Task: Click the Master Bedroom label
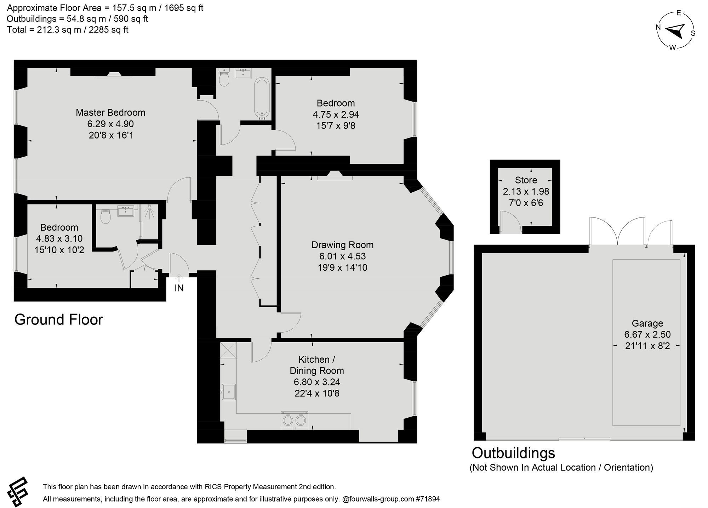pos(110,113)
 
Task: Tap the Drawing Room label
pos(342,245)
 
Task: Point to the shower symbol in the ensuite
pos(150,212)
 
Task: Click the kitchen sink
pos(229,391)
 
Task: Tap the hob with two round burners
pos(294,420)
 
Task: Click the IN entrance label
pos(179,288)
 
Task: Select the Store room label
pos(526,180)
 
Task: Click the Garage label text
pos(647,323)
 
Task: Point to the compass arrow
pos(676,31)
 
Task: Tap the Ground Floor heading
pos(59,320)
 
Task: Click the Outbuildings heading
pos(514,453)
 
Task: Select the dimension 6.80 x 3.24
pos(317,382)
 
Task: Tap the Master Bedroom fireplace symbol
pos(114,75)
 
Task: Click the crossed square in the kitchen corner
pos(228,350)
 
